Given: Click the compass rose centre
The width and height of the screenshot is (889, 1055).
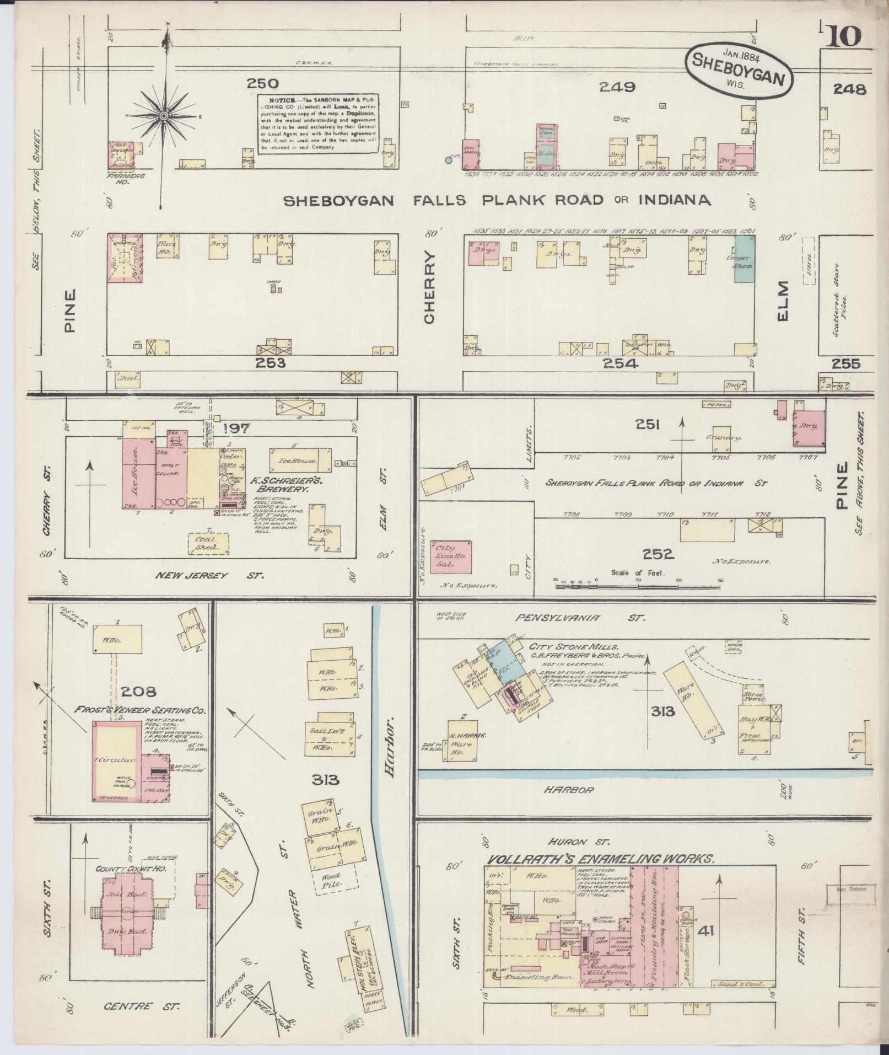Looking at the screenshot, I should pyautogui.click(x=164, y=116).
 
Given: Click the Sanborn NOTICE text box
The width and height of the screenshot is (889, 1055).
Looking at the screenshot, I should pyautogui.click(x=319, y=123).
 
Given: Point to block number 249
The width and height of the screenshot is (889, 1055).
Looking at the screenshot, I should pyautogui.click(x=617, y=87).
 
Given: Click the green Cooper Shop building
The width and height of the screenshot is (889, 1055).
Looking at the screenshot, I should pyautogui.click(x=744, y=259).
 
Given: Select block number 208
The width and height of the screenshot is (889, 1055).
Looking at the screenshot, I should pyautogui.click(x=138, y=691).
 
